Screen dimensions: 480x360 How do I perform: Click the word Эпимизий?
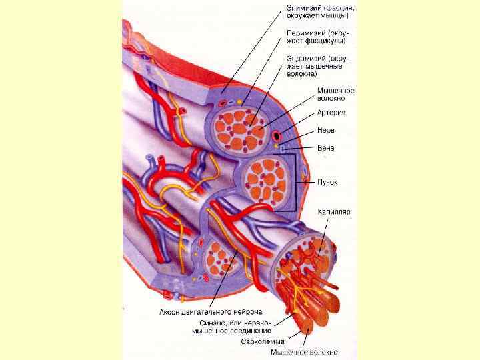click(301, 8)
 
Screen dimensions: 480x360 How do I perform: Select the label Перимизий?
click(303, 31)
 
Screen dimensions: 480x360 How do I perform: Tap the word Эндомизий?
click(304, 58)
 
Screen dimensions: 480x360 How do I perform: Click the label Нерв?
click(325, 130)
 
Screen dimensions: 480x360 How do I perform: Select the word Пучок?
click(329, 181)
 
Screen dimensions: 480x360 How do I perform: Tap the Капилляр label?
click(334, 211)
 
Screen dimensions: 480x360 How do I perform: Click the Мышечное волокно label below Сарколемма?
click(304, 353)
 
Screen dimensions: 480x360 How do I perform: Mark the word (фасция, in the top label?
click(336, 8)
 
